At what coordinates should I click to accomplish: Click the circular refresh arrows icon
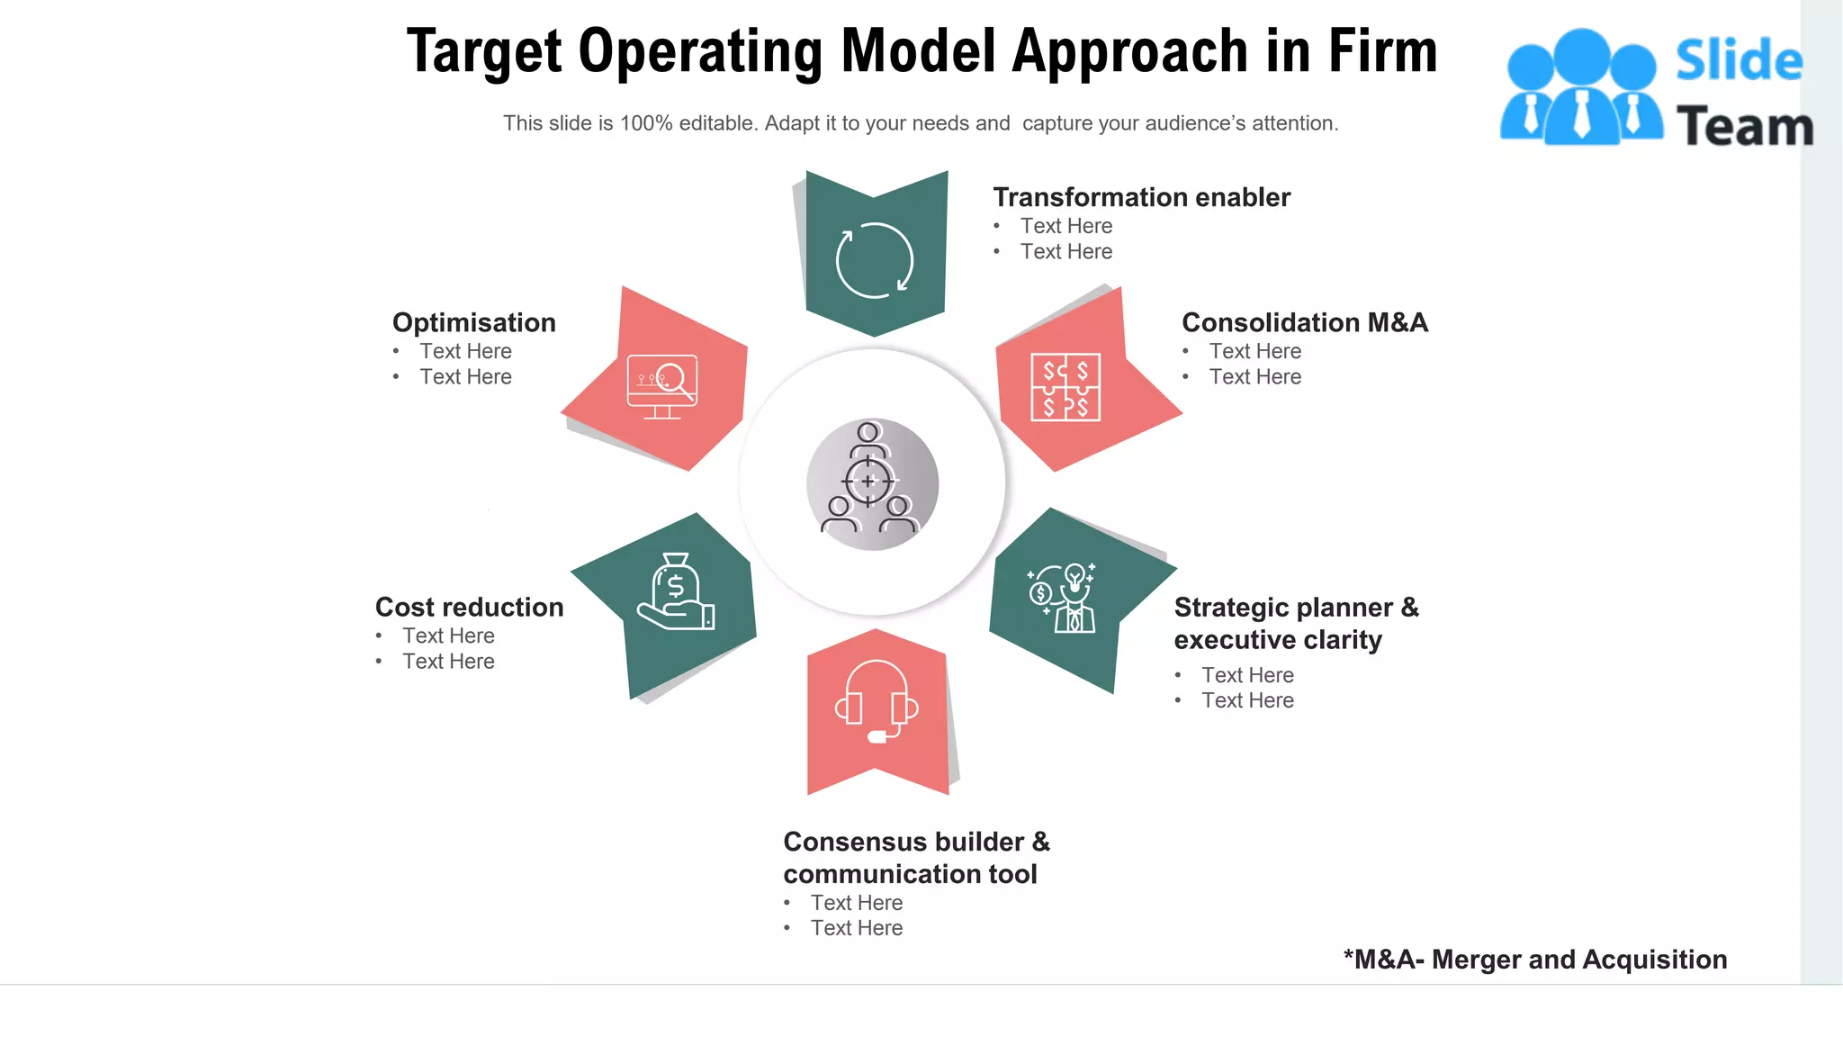coord(875,260)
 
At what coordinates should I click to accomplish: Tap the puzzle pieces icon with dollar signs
coord(1065,387)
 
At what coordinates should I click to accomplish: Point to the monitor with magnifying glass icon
coord(662,386)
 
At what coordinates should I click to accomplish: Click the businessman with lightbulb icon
coord(1064,598)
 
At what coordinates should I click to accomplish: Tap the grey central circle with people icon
coord(872,484)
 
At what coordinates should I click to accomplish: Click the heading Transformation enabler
coord(1141,197)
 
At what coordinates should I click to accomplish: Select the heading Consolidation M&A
coord(1304,322)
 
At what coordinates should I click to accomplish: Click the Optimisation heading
coord(474,322)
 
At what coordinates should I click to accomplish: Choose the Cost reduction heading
coord(469,607)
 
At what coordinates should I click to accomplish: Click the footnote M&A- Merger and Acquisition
coord(1535,960)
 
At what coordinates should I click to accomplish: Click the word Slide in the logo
coord(1739,61)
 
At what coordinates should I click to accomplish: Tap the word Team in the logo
coord(1744,126)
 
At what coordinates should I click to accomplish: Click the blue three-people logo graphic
coord(1581,87)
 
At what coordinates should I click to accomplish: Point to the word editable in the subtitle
coord(718,123)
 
